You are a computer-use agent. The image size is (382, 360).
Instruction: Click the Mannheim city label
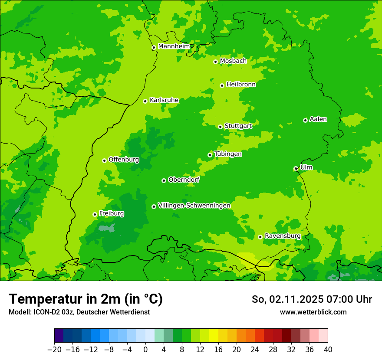174,46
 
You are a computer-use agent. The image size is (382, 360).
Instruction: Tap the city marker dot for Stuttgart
221,127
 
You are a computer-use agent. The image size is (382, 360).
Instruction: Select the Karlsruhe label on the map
164,100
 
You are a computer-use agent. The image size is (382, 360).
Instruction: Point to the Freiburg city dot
95,214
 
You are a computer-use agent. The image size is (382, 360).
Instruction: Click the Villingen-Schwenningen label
194,206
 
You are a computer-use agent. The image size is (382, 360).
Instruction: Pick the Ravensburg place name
282,236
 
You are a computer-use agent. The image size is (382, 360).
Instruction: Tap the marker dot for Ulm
296,169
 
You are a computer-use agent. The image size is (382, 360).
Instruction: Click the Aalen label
318,119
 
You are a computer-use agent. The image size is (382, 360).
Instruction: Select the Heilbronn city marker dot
222,85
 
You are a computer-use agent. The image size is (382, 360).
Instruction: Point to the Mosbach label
233,61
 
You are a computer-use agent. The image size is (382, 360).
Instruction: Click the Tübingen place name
228,154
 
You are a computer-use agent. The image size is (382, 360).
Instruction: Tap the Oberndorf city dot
164,180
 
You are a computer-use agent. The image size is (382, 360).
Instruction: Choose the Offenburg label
124,160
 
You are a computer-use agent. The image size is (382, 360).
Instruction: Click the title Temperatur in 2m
86,299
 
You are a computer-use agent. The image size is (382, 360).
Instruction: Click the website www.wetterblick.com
313,312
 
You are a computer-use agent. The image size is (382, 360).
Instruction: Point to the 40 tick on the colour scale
328,350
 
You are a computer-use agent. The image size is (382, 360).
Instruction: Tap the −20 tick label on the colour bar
54,350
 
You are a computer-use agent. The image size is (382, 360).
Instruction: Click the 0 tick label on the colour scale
145,350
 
